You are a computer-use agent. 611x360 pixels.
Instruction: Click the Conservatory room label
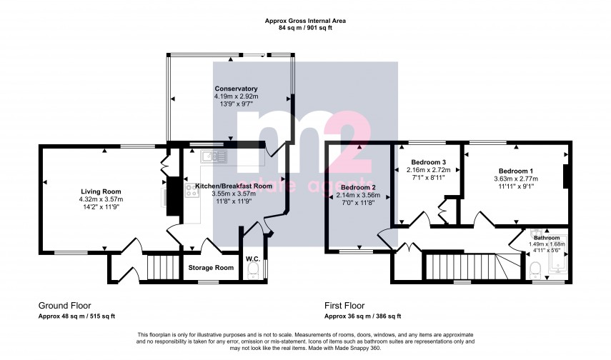pos(236,89)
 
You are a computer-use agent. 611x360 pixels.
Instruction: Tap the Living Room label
pos(100,191)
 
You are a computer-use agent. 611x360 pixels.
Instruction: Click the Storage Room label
pos(211,268)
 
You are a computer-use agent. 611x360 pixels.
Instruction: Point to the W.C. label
pos(252,259)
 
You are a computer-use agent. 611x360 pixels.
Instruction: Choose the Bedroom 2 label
pos(357,187)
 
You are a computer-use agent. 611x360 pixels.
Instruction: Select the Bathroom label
pos(547,237)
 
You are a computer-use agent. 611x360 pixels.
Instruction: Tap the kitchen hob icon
pos(192,191)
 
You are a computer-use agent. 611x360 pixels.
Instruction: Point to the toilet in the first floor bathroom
pos(536,269)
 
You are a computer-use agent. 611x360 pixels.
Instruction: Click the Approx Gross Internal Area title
pos(305,21)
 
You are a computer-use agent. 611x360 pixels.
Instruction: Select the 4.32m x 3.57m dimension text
pos(100,199)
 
